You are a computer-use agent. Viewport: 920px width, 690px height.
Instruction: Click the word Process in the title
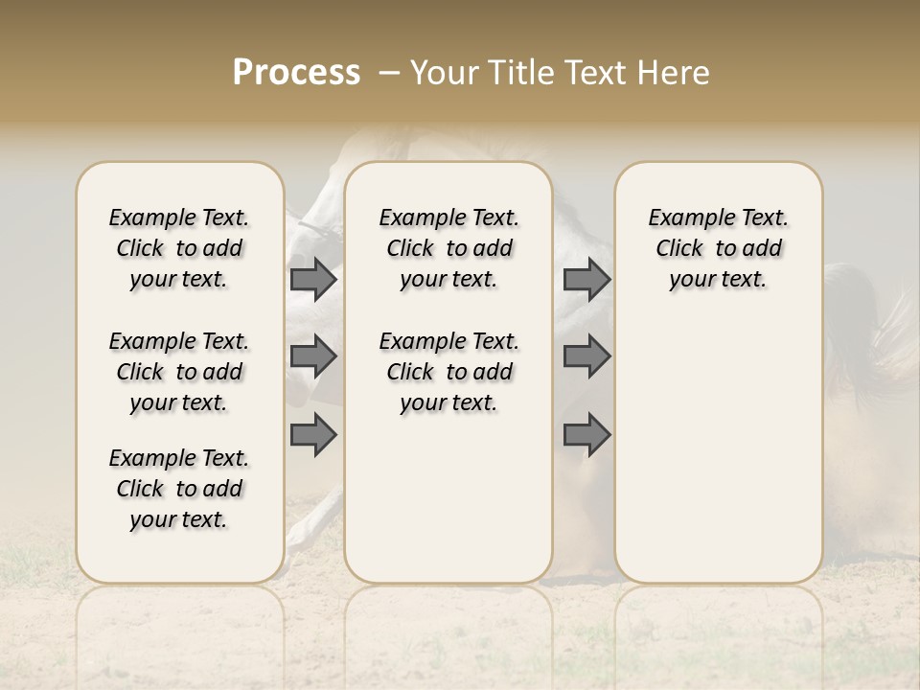296,73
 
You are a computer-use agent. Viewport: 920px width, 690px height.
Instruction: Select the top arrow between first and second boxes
313,279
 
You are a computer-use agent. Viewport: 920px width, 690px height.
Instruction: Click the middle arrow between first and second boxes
313,356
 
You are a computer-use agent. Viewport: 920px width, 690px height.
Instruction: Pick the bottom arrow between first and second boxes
313,434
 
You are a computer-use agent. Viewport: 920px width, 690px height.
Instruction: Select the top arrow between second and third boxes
586,279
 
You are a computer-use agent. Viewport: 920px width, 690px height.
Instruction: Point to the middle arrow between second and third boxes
586,356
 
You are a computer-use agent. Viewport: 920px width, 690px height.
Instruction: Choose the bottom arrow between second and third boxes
586,434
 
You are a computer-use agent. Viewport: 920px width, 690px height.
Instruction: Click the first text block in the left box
179,248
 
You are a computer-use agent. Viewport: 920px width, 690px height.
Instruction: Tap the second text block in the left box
179,372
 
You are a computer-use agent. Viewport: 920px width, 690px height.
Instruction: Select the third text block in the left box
179,489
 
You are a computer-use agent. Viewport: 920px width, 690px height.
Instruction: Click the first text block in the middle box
448,248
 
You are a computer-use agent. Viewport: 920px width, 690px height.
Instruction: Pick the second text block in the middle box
448,372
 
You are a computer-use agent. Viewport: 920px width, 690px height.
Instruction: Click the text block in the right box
718,248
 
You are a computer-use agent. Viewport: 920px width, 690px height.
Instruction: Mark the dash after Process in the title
389,73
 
